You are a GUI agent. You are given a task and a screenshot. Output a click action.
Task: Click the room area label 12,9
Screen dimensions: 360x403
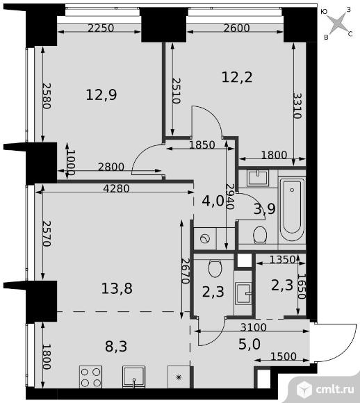(x=101, y=94)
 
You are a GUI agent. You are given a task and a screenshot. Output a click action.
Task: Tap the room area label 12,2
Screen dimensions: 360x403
(x=237, y=77)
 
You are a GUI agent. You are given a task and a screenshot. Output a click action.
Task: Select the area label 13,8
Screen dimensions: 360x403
(x=117, y=288)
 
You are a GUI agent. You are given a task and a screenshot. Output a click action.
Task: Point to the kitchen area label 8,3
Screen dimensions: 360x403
(x=116, y=346)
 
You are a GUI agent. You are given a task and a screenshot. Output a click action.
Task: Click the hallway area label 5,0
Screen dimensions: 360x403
(x=249, y=345)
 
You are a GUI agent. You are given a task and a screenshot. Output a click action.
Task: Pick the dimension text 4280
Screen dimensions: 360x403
(x=116, y=189)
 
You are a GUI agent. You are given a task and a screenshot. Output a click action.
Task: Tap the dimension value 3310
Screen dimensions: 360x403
(x=297, y=106)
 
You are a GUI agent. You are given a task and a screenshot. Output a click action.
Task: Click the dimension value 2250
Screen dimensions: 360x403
(x=101, y=28)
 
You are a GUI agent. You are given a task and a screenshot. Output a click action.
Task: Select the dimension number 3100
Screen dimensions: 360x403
(x=254, y=327)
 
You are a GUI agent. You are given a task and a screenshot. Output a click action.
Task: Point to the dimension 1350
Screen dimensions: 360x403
(x=282, y=260)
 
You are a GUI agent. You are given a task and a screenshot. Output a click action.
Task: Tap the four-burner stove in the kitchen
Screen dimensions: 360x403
(x=90, y=377)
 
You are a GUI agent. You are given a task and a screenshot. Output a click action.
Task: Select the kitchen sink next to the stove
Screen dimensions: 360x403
(x=133, y=377)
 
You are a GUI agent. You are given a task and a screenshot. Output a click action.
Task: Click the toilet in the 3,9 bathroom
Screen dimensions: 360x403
(x=260, y=235)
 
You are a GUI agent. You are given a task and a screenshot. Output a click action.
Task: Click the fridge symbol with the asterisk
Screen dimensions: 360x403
(x=179, y=377)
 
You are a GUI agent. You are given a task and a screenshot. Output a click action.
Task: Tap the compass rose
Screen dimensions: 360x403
(x=338, y=24)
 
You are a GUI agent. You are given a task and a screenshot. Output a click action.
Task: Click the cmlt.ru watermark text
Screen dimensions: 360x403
(x=335, y=390)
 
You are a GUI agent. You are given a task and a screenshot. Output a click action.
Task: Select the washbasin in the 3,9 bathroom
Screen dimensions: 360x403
(x=258, y=178)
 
